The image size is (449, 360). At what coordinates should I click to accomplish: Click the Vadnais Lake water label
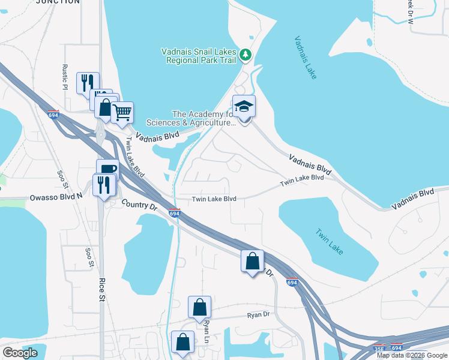306,58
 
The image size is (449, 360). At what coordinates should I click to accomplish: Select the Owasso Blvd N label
56,197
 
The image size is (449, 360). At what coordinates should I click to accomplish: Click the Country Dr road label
139,205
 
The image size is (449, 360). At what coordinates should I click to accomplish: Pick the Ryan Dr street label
259,315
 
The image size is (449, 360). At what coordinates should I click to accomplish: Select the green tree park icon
245,56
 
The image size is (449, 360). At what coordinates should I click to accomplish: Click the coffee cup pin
107,169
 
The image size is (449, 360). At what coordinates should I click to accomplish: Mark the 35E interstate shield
379,348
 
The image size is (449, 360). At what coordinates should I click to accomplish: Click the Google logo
20,352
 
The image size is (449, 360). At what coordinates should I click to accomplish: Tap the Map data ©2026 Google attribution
412,355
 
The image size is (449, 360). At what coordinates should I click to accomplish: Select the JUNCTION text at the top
58,2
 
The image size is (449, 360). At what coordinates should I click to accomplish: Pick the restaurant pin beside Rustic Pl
88,82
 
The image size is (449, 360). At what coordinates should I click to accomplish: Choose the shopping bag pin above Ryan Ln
199,307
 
